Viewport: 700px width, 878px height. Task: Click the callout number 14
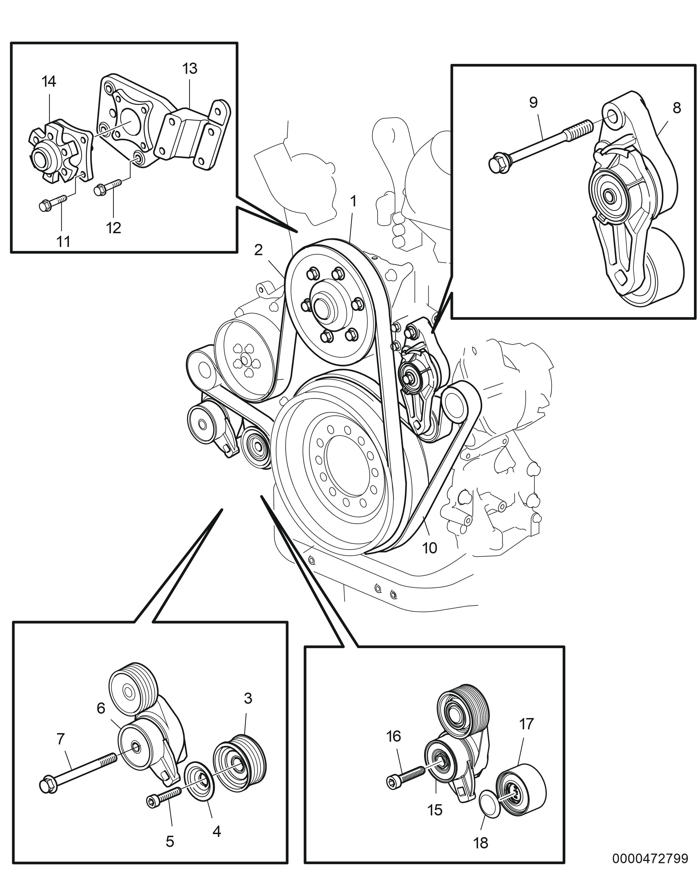click(49, 82)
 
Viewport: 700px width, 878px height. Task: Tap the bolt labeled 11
click(53, 202)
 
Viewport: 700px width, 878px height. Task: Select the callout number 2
click(258, 250)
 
